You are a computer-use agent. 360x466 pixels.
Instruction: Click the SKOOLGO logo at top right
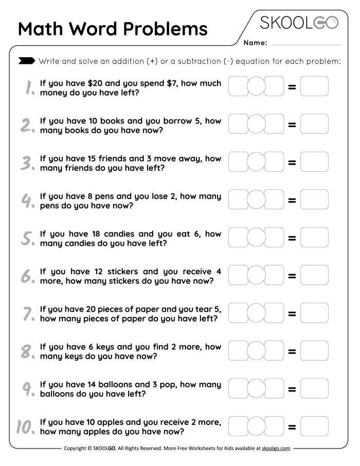pos(299,23)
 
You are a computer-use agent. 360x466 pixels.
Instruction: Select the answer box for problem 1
pos(314,86)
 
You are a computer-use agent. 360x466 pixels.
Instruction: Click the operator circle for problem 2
pos(256,124)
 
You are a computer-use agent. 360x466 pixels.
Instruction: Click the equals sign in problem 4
pos(292,200)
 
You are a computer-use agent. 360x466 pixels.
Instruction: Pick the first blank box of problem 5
pos(238,238)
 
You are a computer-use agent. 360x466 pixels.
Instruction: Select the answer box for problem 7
pos(314,313)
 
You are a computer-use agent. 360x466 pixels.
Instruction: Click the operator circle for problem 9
pos(256,389)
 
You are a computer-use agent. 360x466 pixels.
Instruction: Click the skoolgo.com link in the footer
pos(276,449)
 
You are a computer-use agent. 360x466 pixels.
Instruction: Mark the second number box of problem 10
pos(275,426)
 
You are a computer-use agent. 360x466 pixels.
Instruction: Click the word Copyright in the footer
pos(77,449)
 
